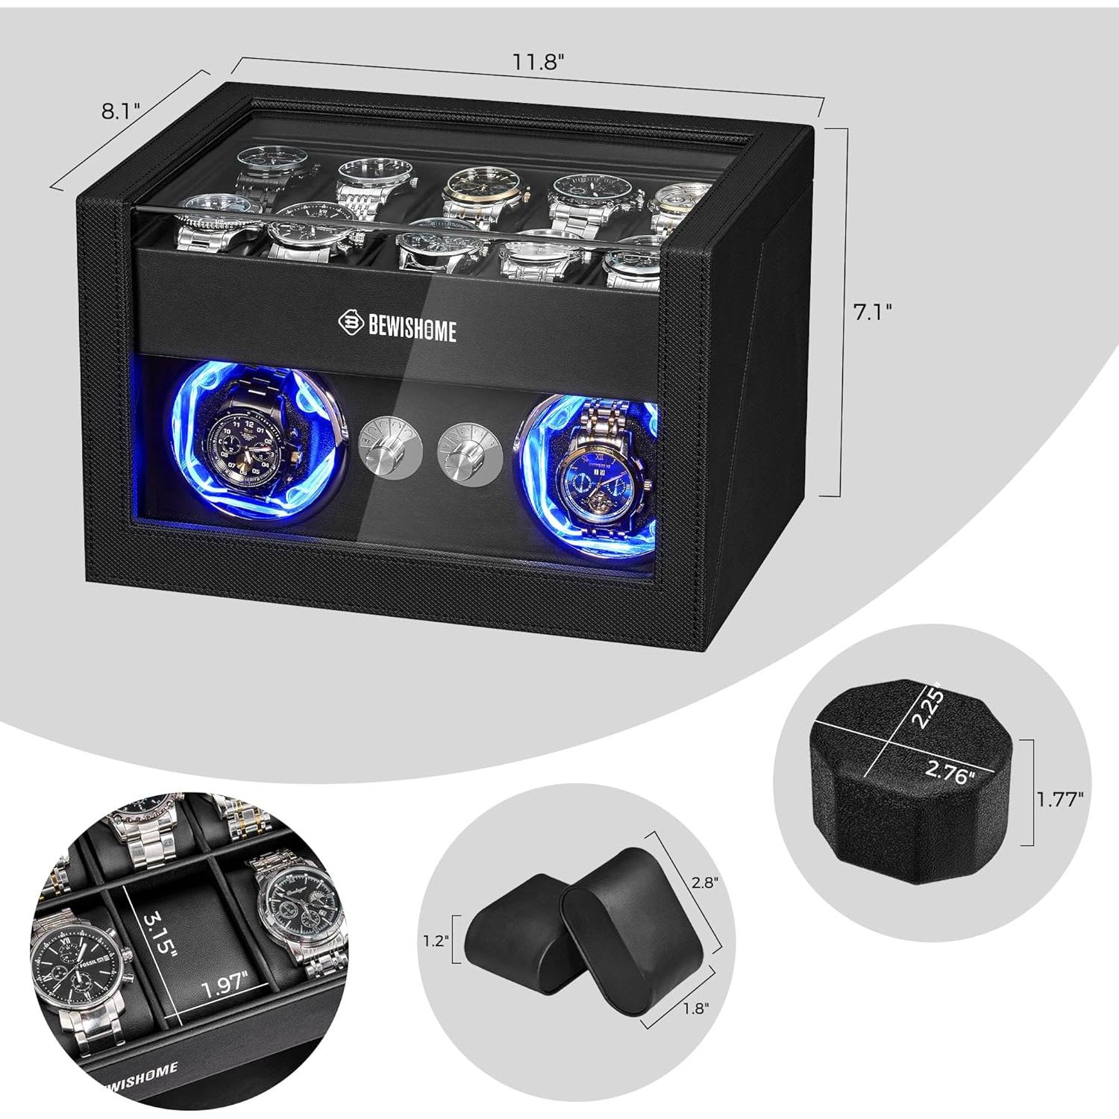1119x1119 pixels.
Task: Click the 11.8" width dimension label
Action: pyautogui.click(x=535, y=61)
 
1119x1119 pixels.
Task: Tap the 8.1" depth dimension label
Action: pyautogui.click(x=120, y=111)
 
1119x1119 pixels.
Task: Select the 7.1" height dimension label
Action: pyautogui.click(x=873, y=312)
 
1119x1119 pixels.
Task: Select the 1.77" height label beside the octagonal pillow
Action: pyautogui.click(x=1059, y=800)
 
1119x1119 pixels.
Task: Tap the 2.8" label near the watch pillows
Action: pyautogui.click(x=704, y=883)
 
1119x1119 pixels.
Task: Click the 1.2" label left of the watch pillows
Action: pyautogui.click(x=434, y=941)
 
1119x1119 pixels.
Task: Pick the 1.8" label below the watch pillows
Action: pyautogui.click(x=695, y=1007)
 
